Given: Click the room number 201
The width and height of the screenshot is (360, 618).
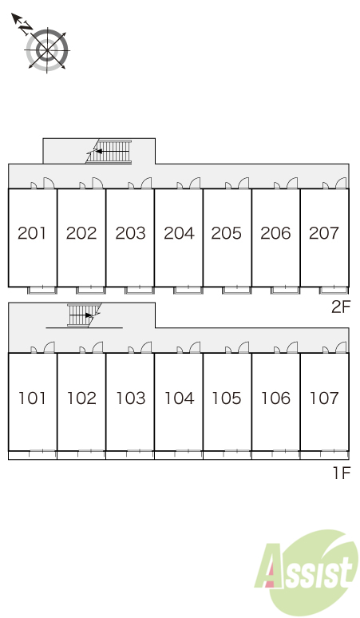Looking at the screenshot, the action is pos(32,233).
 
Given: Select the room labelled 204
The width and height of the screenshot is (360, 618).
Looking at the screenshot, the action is pos(180,233).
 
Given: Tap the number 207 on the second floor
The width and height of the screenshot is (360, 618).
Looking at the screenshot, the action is pos(324,233).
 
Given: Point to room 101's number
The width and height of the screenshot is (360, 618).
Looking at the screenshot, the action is pos(32,398).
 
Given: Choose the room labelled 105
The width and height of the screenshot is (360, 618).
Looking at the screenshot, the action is pos(227,398).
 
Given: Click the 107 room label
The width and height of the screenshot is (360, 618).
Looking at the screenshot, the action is pos(324,398).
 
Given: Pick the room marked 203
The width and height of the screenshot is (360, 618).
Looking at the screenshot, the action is pos(130,233).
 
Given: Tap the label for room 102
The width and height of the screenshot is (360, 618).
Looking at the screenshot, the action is pos(81,398).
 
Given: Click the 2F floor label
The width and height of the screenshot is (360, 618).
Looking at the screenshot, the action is pos(341,307).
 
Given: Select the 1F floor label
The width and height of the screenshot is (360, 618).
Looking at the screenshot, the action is pos(342,473).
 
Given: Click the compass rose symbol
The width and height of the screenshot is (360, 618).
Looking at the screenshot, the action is pos(47,50).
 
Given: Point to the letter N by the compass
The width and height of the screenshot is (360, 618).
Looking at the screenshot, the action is pos(26,28).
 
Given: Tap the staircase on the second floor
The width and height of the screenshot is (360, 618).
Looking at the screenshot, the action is pos(109,152).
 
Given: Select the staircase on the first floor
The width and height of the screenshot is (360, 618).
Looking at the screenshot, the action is pos(85,315).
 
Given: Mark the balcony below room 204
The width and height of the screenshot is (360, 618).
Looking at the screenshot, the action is pos(188,291).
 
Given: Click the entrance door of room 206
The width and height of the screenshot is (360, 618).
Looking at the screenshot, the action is pos(292,184).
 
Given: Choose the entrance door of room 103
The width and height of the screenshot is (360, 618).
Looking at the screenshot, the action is pos(146,347).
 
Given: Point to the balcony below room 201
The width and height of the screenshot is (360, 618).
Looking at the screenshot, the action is pos(42,291).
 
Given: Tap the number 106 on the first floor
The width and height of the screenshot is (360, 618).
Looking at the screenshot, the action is pos(275,398).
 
